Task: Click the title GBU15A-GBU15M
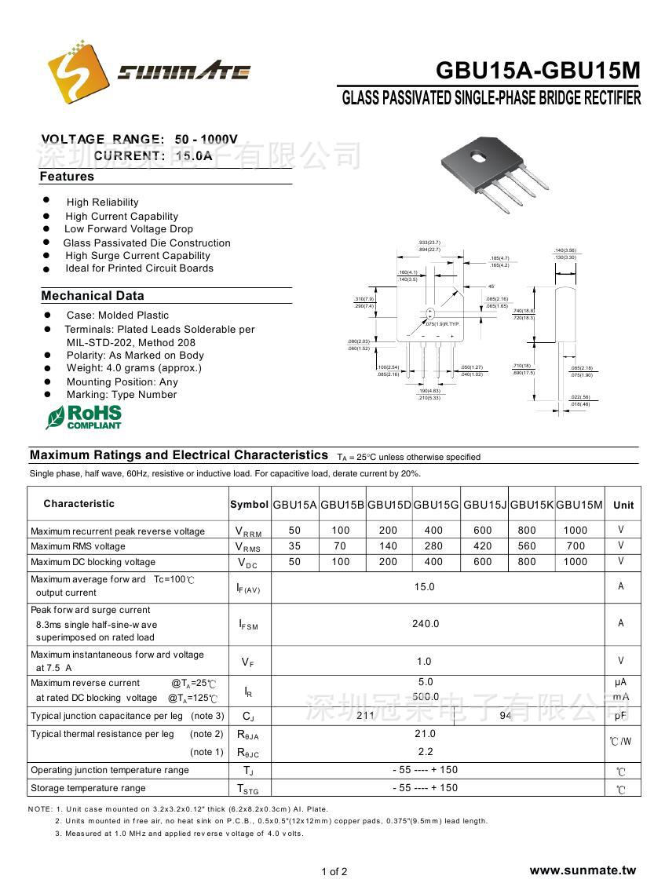pos(538,71)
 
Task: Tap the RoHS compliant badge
pos(84,417)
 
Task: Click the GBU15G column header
pos(437,505)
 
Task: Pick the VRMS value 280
pos(434,546)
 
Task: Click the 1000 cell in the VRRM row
pos(575,531)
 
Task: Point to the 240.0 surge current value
pos(426,623)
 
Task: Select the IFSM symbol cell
pos(248,624)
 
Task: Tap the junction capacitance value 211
pos(365,716)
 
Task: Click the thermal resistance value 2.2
pos(426,752)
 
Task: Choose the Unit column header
pos(623,505)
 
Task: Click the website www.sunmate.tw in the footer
pos(583,870)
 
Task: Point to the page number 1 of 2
pos(334,871)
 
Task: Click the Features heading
pos(67,177)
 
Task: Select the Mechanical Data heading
pos(93,296)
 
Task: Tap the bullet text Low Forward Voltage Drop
pos(129,229)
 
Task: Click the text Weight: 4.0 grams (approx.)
pos(133,368)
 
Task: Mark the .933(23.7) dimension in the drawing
pos(429,243)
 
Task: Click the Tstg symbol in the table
pos(248,789)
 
